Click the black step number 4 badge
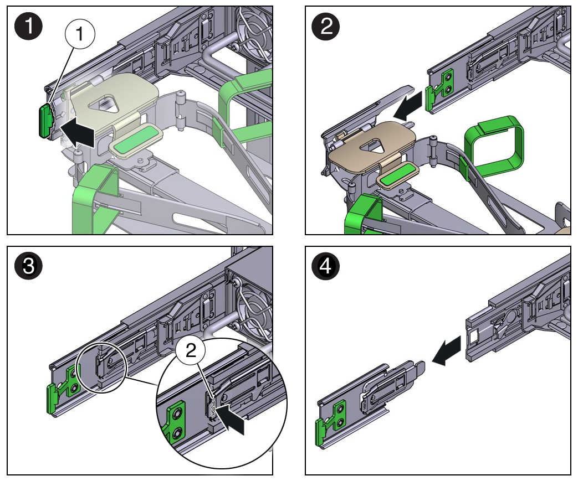326,267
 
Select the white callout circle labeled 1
80,34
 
